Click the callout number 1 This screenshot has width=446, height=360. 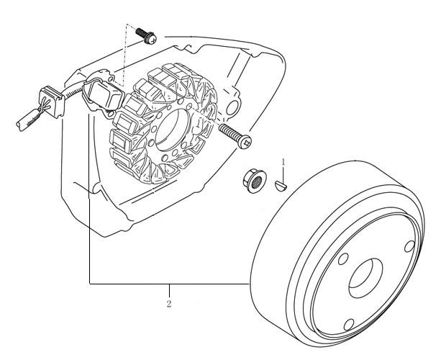pos(283,162)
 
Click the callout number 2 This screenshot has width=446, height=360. pos(169,304)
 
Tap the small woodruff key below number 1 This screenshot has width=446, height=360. pos(281,184)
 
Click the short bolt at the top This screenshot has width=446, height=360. pos(146,35)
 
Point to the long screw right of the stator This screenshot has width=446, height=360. pos(235,136)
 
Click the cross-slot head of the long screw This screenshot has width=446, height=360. pos(245,142)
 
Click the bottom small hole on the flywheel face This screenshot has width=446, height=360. pos(349,325)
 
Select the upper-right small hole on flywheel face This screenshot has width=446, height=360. pos(409,246)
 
